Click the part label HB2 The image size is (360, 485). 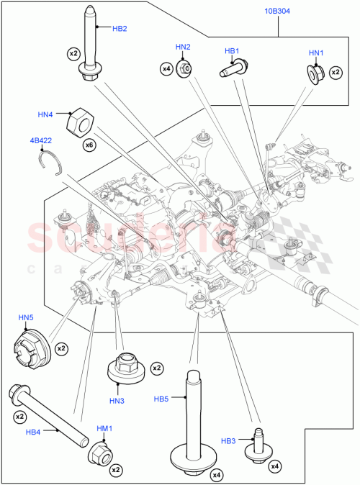120,29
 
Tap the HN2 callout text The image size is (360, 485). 183,47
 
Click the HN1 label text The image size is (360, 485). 317,53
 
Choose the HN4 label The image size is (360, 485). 46,114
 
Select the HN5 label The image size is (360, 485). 26,318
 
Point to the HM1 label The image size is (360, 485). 105,429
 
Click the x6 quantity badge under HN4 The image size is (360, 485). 89,145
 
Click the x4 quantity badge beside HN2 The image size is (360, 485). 166,68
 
